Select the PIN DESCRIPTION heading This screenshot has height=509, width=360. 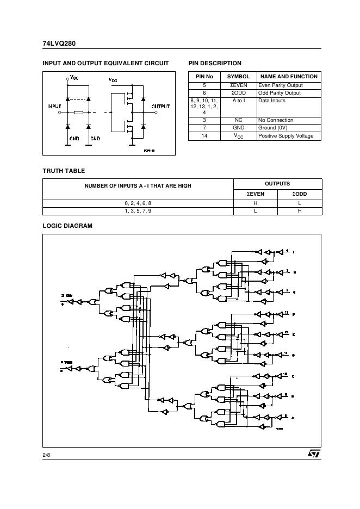point(214,63)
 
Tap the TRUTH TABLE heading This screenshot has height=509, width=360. point(64,171)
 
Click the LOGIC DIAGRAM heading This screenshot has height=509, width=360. point(67,226)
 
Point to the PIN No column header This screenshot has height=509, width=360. point(204,77)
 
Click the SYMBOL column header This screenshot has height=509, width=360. point(238,77)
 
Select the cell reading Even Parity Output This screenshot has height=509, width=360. point(280,85)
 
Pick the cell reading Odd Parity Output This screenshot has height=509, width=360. point(280,93)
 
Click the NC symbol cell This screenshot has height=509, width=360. point(238,120)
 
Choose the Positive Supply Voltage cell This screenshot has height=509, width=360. point(285,136)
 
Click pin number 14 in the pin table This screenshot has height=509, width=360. point(204,136)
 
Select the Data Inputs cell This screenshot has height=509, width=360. point(271,101)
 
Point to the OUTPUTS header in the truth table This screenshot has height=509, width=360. point(277,184)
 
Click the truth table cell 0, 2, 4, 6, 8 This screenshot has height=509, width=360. point(138,203)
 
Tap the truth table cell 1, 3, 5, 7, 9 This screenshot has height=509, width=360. point(138,210)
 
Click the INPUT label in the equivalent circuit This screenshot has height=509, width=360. point(54,106)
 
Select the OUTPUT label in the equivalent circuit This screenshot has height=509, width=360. point(160,106)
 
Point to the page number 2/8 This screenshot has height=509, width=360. point(47,454)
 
